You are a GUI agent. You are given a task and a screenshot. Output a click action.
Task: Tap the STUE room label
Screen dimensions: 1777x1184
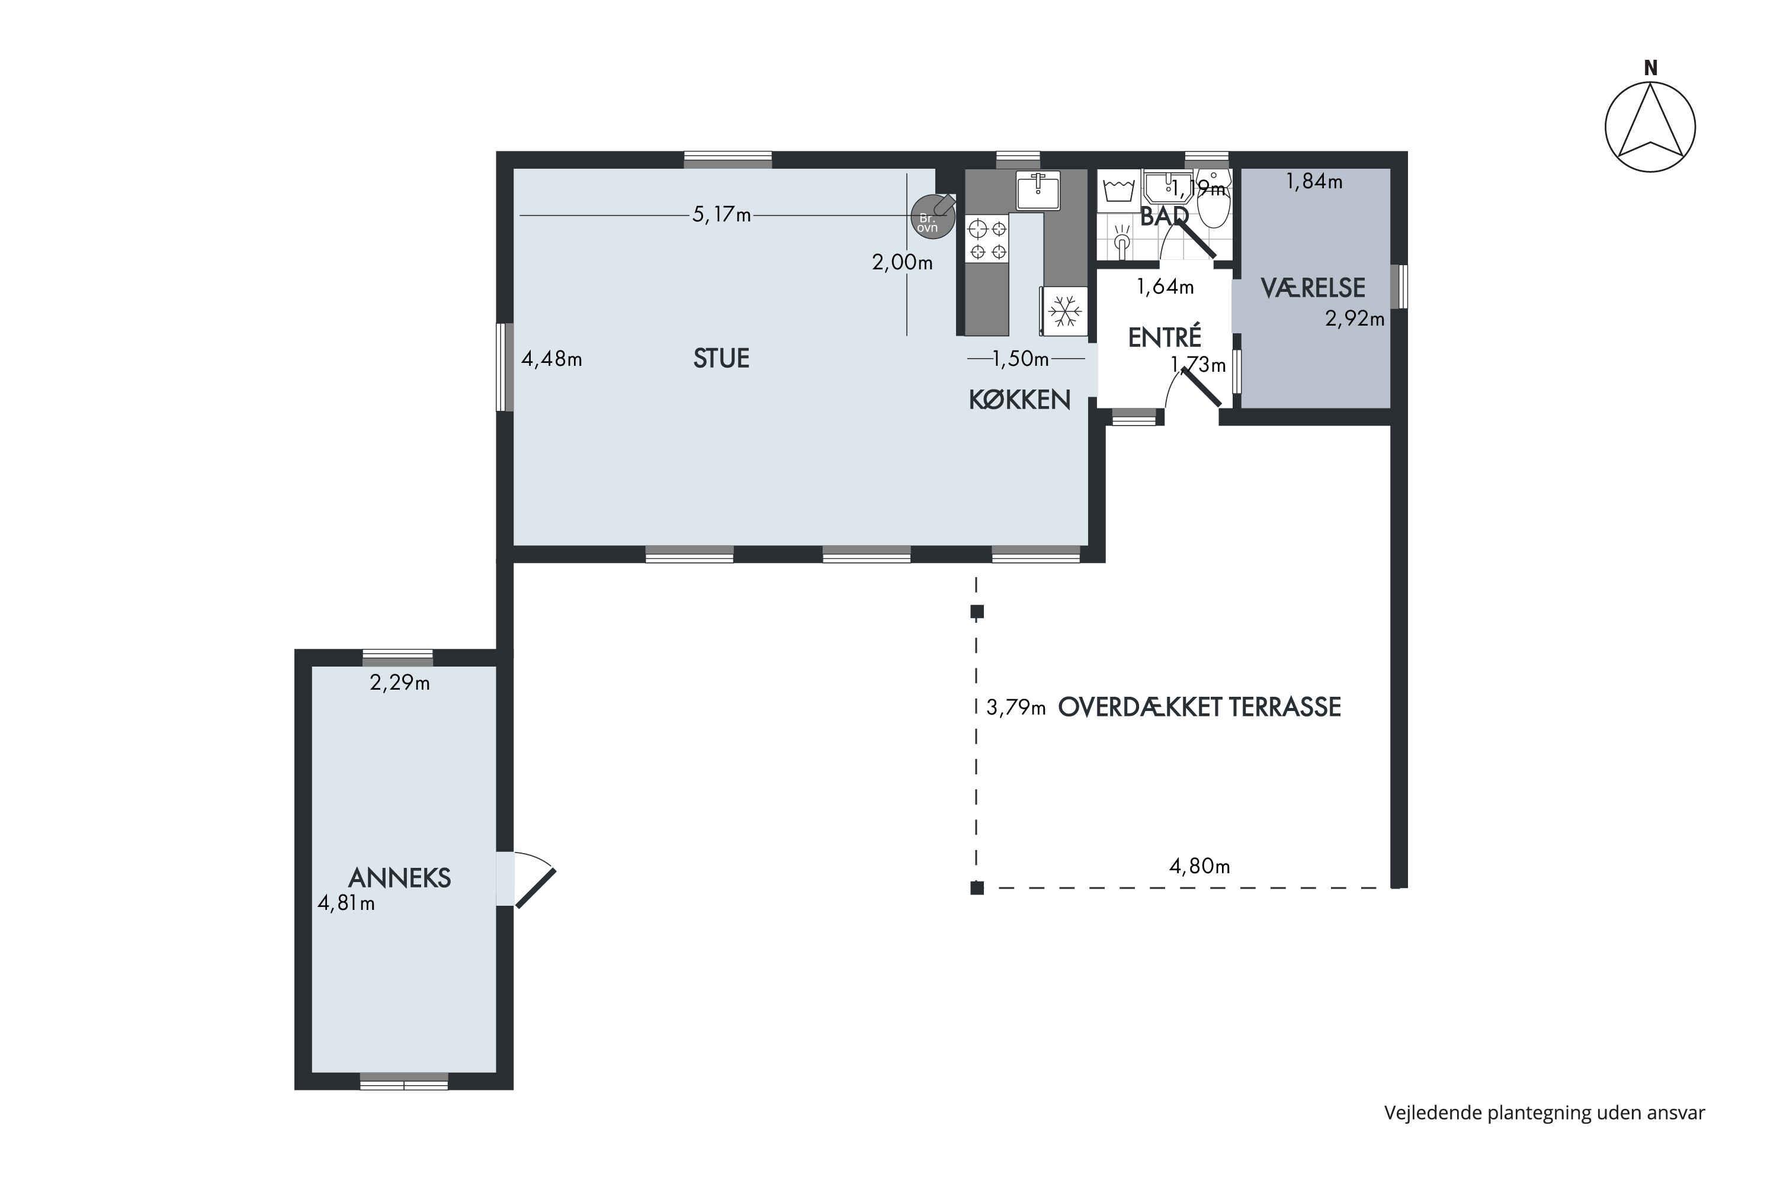(x=721, y=358)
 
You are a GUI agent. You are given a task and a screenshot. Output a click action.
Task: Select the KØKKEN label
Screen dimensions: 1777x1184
(x=1019, y=400)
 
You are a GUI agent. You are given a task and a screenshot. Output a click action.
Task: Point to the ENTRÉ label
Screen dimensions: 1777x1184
(x=1165, y=336)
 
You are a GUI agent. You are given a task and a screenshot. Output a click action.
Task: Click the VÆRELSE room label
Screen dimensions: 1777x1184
(x=1313, y=288)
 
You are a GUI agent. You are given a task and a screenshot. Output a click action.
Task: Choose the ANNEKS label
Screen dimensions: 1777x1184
(x=400, y=877)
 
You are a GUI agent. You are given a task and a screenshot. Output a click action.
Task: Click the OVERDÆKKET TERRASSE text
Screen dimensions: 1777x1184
(x=1199, y=707)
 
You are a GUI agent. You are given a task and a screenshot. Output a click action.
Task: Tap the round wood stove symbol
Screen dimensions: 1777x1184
(x=933, y=216)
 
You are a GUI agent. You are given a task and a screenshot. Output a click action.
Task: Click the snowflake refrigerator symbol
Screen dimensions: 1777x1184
(x=1064, y=310)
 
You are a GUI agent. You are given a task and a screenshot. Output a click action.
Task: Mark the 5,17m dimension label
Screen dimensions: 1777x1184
(x=721, y=215)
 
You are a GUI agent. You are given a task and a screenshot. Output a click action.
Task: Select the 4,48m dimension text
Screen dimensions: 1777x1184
(x=551, y=359)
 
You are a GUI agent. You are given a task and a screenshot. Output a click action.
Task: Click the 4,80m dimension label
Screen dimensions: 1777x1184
(x=1200, y=866)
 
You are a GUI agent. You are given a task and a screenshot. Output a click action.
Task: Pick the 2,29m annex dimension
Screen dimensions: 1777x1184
(x=400, y=683)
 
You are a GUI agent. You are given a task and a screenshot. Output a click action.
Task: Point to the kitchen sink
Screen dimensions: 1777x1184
(x=1038, y=189)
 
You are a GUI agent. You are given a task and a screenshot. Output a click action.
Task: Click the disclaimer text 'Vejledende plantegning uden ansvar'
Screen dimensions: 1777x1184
(x=1544, y=1112)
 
